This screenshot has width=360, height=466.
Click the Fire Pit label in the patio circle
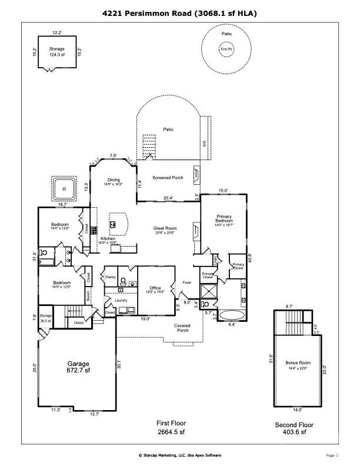[226, 49]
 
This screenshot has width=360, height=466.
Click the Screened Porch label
[168, 178]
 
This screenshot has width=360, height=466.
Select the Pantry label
[110, 276]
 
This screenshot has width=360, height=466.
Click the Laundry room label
[121, 300]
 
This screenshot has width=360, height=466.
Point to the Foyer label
[187, 283]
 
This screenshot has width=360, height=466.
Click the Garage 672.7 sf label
[78, 367]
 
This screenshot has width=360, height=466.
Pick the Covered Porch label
[182, 327]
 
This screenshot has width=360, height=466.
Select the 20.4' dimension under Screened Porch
[168, 198]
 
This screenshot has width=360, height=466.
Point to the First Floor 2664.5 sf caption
[171, 427]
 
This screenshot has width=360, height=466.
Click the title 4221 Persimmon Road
[179, 12]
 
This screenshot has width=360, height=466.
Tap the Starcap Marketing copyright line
[179, 455]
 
